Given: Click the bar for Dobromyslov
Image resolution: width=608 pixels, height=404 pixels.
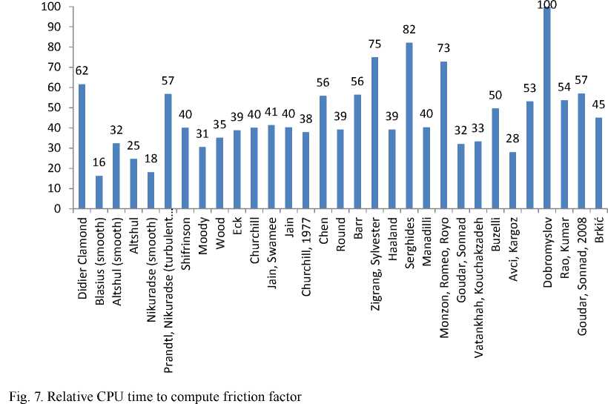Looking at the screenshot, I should pyautogui.click(x=547, y=108).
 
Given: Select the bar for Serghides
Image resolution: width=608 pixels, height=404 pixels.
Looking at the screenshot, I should pyautogui.click(x=409, y=126).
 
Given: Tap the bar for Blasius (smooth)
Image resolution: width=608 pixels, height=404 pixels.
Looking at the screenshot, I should pyautogui.click(x=99, y=192).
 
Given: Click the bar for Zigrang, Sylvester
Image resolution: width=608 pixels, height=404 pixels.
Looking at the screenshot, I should pyautogui.click(x=374, y=133).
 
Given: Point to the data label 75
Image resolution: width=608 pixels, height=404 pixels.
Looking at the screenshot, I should pyautogui.click(x=374, y=44).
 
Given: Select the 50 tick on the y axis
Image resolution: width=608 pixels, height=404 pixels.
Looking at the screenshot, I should pyautogui.click(x=56, y=107).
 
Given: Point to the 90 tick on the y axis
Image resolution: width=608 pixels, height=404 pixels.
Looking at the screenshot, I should pyautogui.click(x=56, y=27).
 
